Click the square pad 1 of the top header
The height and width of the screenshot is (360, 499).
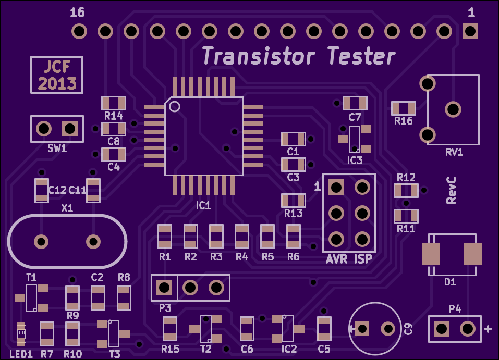[470, 31]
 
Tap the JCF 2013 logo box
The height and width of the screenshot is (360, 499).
[57, 75]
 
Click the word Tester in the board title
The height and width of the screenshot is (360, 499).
[361, 56]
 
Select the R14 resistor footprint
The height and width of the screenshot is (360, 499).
[114, 103]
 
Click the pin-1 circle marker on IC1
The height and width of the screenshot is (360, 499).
[174, 106]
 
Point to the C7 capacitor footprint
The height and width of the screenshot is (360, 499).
[355, 103]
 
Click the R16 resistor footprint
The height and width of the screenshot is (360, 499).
[403, 108]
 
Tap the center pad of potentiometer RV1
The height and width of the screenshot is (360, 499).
[453, 109]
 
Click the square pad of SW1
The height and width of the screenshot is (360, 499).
[70, 129]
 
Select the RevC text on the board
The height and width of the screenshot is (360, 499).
[451, 190]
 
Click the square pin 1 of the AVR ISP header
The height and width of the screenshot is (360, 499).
[336, 188]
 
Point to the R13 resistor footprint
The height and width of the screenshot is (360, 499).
[294, 201]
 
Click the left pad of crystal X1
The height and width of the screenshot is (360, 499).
[41, 241]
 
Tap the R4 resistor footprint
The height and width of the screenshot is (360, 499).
[242, 237]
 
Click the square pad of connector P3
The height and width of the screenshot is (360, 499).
[164, 288]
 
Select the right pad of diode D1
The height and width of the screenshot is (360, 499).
[472, 254]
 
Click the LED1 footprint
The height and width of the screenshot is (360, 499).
[21, 333]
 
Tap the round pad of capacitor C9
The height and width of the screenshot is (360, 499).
[388, 329]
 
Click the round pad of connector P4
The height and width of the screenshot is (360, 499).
[468, 329]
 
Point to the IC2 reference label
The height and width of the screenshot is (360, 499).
[289, 349]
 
